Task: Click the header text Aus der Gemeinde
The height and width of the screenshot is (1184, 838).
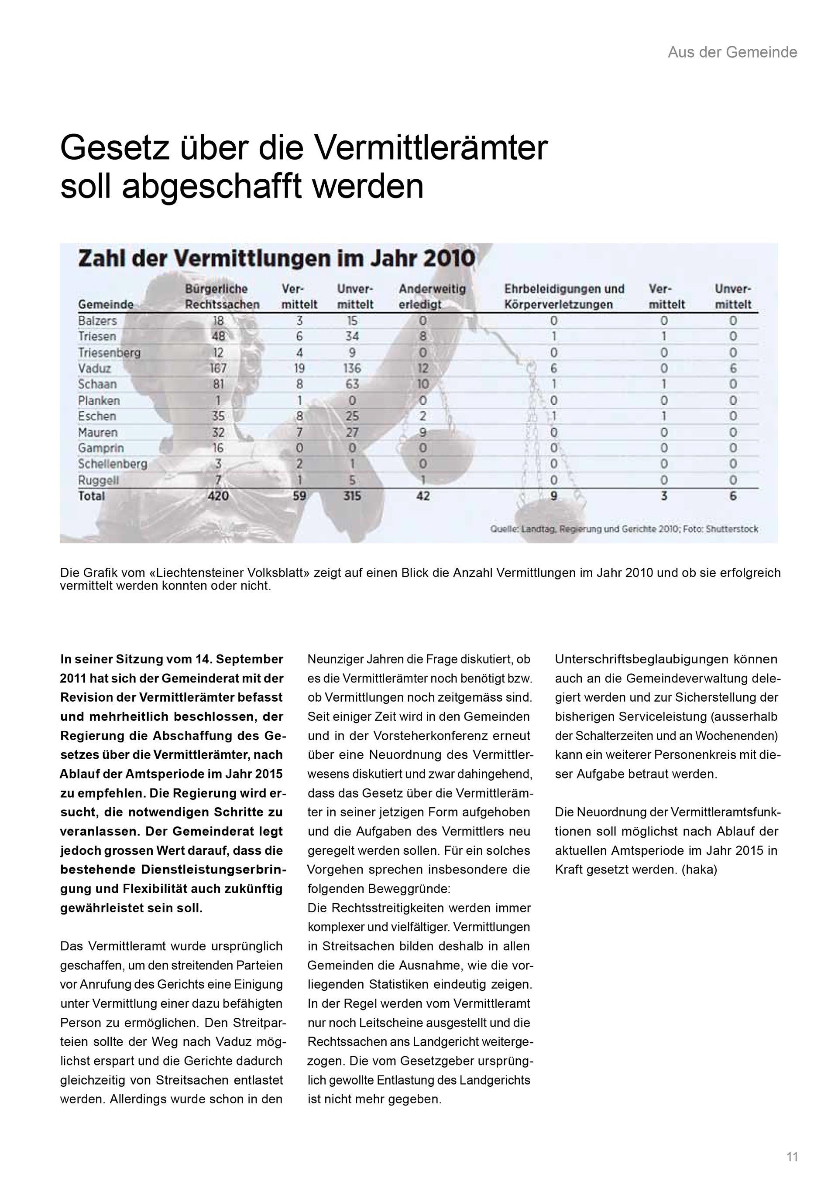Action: [732, 52]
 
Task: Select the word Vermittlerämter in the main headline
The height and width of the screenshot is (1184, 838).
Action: [430, 149]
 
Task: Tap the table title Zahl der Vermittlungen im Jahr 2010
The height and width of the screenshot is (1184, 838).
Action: [277, 258]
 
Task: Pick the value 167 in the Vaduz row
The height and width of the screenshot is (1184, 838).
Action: [218, 368]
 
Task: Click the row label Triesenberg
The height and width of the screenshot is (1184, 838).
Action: [110, 353]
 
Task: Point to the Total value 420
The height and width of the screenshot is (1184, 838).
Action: [218, 496]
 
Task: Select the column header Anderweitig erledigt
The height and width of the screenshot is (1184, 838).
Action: [432, 297]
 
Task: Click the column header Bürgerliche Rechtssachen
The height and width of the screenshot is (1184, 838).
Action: [222, 297]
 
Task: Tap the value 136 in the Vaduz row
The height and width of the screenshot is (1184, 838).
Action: [352, 368]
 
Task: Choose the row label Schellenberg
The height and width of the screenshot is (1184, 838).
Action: [113, 464]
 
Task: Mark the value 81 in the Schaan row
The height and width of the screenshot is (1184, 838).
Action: [218, 384]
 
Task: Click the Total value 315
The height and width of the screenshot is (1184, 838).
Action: [352, 496]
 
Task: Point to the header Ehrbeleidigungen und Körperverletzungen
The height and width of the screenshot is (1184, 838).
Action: [564, 297]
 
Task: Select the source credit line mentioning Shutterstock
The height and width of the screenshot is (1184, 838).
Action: [624, 529]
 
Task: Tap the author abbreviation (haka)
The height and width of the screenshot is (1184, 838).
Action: [699, 870]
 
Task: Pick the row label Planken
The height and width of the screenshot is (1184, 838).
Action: [99, 400]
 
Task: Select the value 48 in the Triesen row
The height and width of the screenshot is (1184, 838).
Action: [218, 336]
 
